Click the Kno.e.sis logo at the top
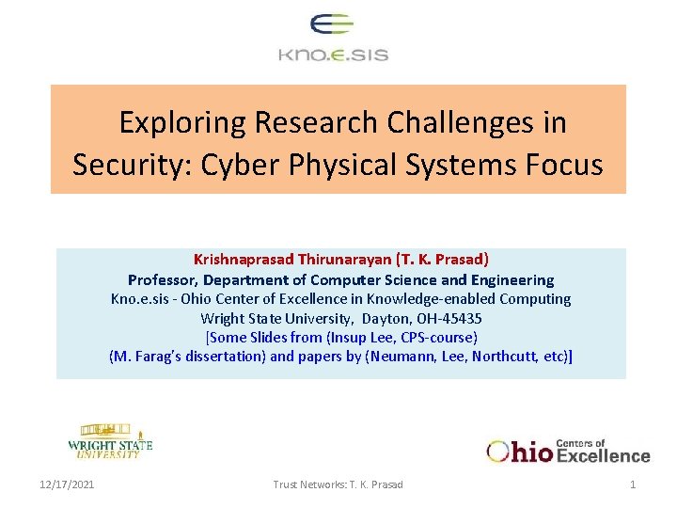(x=333, y=39)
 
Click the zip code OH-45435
(x=448, y=318)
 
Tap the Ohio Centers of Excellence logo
(x=568, y=451)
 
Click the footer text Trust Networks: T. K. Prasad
(x=338, y=484)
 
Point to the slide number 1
(x=633, y=484)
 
